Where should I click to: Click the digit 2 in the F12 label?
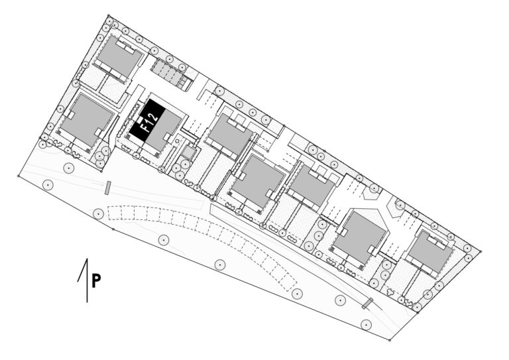pyautogui.click(x=154, y=115)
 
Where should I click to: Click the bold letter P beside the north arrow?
pyautogui.click(x=95, y=281)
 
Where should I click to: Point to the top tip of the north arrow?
pyautogui.click(x=87, y=259)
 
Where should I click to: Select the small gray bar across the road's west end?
pyautogui.click(x=108, y=188)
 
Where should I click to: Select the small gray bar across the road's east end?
pyautogui.click(x=368, y=303)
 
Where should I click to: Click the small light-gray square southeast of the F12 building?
pyautogui.click(x=188, y=152)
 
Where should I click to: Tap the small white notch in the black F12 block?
pyautogui.click(x=140, y=121)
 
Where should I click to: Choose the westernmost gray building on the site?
pyautogui.click(x=87, y=119)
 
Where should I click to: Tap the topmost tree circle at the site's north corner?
pyautogui.click(x=109, y=21)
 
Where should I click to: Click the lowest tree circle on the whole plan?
pyautogui.click(x=366, y=324)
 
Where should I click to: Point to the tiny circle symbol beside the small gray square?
pyautogui.click(x=178, y=141)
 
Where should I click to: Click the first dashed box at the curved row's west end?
pyautogui.click(x=114, y=213)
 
